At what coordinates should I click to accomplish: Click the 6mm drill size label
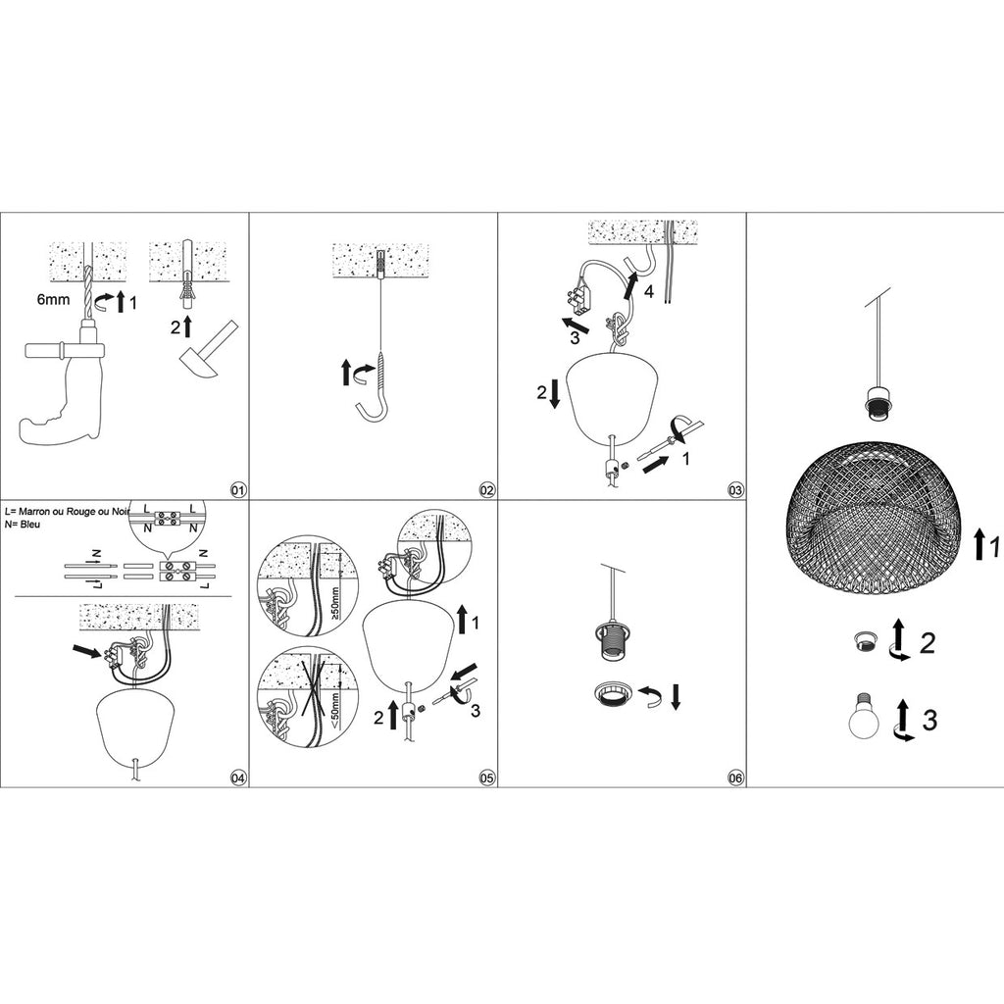pos(53,299)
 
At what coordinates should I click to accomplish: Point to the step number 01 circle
pos(239,490)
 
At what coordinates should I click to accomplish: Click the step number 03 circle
pos(735,490)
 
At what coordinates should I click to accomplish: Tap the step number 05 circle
pos(487,778)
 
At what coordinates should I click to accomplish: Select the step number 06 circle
pos(735,778)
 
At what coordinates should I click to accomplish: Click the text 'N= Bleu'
pos(23,525)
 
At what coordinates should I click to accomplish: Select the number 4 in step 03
pos(649,291)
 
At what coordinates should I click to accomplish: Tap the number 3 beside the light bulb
pos(929,719)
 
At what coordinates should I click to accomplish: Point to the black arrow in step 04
pos(86,651)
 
